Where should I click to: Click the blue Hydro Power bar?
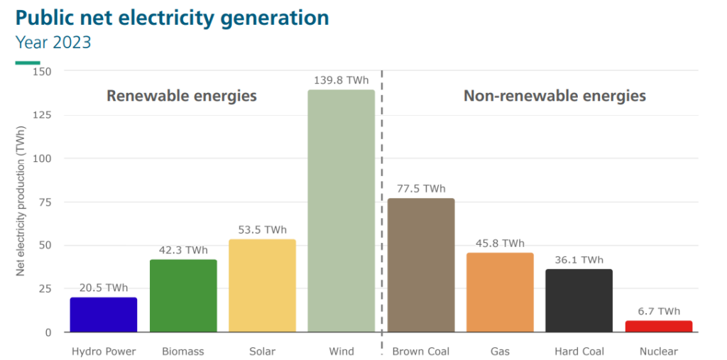pyautogui.click(x=104, y=315)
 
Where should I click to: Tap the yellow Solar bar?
pyautogui.click(x=262, y=285)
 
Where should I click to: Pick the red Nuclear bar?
pyautogui.click(x=658, y=327)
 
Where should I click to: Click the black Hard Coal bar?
pyautogui.click(x=579, y=300)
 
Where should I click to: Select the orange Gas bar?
pyautogui.click(x=500, y=292)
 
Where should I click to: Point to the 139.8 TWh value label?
pyautogui.click(x=341, y=80)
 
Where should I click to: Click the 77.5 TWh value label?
pyautogui.click(x=421, y=188)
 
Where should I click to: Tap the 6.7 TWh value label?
pyautogui.click(x=658, y=311)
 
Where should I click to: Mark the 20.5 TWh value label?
pyautogui.click(x=104, y=288)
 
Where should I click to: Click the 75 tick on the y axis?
pyautogui.click(x=45, y=202)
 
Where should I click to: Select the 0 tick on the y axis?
pyautogui.click(x=48, y=332)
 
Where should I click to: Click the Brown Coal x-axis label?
pyautogui.click(x=421, y=351)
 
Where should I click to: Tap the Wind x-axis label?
pyautogui.click(x=341, y=351)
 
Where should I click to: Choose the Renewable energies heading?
pyautogui.click(x=182, y=95)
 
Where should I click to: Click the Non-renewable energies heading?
pyautogui.click(x=554, y=95)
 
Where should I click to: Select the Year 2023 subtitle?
pyautogui.click(x=54, y=42)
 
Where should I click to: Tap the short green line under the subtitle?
pyautogui.click(x=33, y=62)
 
